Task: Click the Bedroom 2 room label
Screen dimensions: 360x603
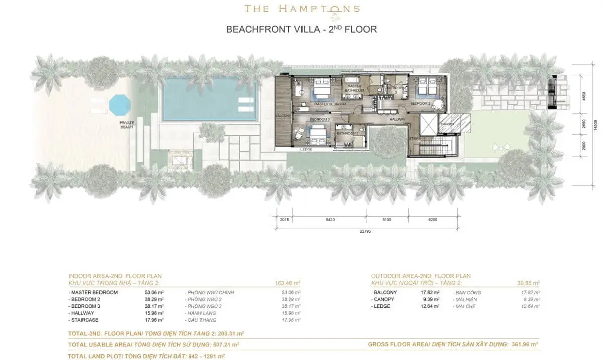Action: tap(420, 103)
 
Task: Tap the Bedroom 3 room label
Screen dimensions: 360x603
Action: tap(319, 119)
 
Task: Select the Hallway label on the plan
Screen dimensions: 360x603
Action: tap(397, 119)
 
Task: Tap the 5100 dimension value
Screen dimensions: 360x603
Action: tap(387, 220)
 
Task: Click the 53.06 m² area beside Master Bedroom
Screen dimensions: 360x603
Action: tap(154, 292)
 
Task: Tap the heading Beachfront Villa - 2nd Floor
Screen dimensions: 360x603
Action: tap(301, 29)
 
